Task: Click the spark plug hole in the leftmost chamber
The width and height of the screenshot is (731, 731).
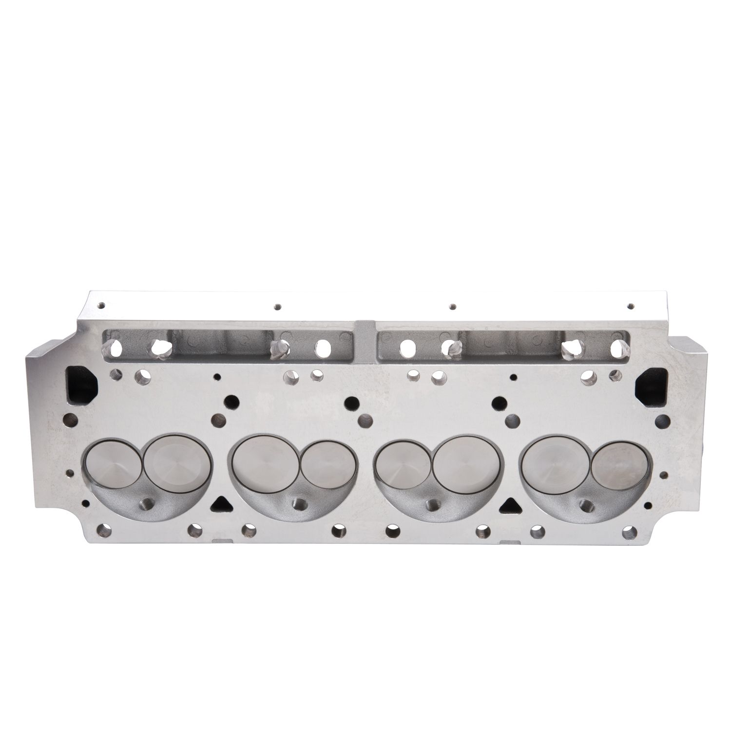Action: pyautogui.click(x=145, y=502)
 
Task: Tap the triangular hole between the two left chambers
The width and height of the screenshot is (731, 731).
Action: pyautogui.click(x=221, y=502)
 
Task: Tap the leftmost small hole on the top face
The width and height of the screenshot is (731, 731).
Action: pyautogui.click(x=101, y=306)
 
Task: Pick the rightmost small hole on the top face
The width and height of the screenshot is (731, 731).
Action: pyautogui.click(x=631, y=306)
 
